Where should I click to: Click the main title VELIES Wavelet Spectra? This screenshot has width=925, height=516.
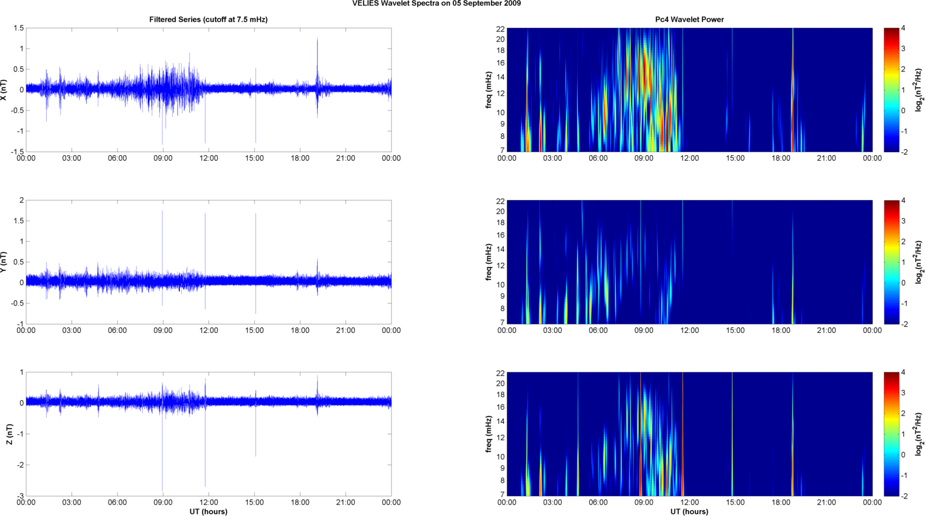[x=436, y=4]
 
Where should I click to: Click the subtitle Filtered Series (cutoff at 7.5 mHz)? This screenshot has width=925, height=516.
[x=208, y=19]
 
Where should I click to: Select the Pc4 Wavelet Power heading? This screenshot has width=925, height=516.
[x=689, y=19]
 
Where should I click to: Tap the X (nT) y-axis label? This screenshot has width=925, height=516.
[x=4, y=90]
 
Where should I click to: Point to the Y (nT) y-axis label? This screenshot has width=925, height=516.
[x=4, y=262]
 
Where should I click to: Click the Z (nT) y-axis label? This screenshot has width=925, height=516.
[x=10, y=434]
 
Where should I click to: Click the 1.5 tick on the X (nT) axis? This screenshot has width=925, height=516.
[x=18, y=28]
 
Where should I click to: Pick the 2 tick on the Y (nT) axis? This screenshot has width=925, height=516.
[x=21, y=201]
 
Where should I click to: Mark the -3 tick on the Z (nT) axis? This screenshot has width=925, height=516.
[x=19, y=495]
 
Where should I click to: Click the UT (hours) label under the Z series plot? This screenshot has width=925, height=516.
[x=208, y=512]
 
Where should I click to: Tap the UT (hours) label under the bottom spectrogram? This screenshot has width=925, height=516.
[x=689, y=512]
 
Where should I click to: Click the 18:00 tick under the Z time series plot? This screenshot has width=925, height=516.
[x=300, y=503]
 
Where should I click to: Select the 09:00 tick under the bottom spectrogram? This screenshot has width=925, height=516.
[x=644, y=503]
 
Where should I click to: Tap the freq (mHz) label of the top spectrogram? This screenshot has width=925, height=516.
[x=489, y=90]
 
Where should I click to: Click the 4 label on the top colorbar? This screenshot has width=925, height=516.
[x=903, y=28]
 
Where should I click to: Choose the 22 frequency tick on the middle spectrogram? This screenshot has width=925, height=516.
[x=500, y=201]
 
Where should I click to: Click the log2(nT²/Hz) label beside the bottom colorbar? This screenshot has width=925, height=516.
[x=919, y=434]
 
